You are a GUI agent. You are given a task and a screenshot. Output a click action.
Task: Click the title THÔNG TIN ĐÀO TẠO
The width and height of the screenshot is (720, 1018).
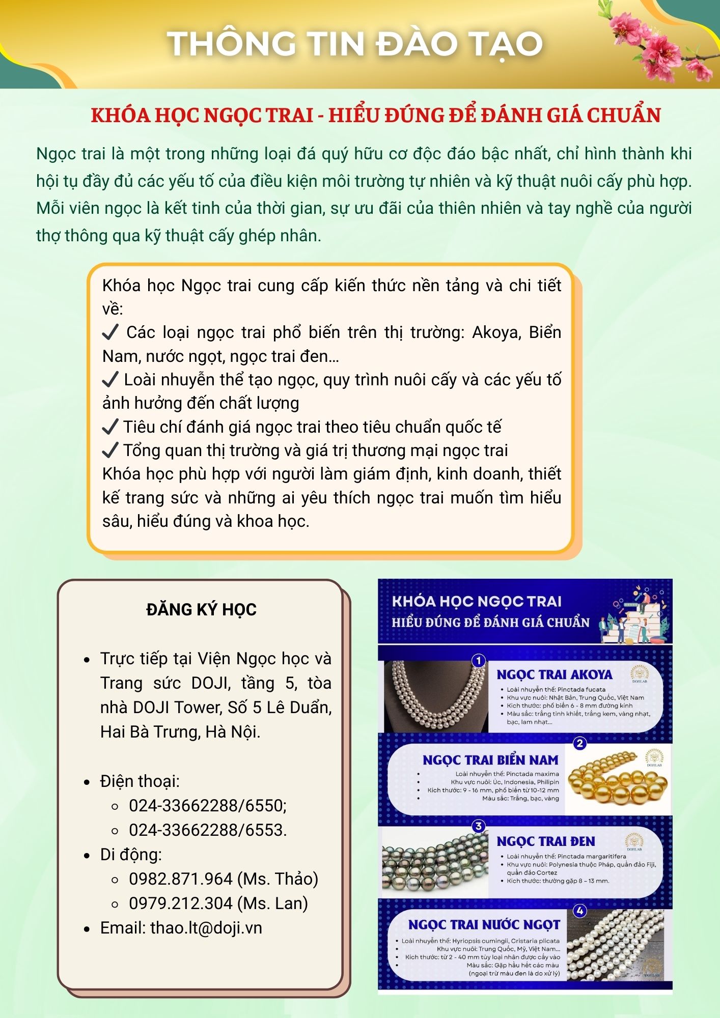pyautogui.click(x=355, y=44)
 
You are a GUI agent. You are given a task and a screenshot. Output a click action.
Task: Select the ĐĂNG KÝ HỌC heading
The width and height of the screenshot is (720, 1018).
pyautogui.click(x=201, y=609)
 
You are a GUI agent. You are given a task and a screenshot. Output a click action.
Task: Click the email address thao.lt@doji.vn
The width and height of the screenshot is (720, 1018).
pyautogui.click(x=206, y=928)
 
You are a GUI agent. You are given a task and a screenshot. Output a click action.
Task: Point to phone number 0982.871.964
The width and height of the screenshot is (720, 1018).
pyautogui.click(x=181, y=879)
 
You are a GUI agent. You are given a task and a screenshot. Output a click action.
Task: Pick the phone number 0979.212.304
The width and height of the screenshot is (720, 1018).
pyautogui.click(x=181, y=903)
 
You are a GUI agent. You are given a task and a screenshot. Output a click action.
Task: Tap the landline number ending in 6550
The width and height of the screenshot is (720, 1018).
pyautogui.click(x=208, y=806)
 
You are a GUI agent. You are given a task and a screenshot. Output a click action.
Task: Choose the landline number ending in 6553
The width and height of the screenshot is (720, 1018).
pyautogui.click(x=208, y=830)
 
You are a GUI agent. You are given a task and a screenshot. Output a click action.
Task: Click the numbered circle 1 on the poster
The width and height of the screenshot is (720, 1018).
pyautogui.click(x=479, y=661)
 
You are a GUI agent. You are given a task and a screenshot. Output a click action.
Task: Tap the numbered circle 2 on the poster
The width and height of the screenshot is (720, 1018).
pyautogui.click(x=579, y=744)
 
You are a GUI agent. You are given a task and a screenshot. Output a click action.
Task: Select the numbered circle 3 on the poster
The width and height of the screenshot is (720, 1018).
pyautogui.click(x=479, y=826)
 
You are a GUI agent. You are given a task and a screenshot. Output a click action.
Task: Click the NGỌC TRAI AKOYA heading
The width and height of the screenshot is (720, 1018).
pyautogui.click(x=554, y=675)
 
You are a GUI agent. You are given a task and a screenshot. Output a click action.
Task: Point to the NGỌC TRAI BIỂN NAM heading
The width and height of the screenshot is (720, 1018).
pyautogui.click(x=490, y=760)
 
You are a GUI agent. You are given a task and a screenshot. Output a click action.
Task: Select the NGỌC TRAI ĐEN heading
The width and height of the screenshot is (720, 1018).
pyautogui.click(x=545, y=842)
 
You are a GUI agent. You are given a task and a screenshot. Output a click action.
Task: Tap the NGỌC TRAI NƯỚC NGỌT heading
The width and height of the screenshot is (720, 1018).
pyautogui.click(x=484, y=925)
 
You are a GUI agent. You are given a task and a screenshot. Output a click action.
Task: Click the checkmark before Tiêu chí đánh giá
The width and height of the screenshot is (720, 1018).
pyautogui.click(x=110, y=427)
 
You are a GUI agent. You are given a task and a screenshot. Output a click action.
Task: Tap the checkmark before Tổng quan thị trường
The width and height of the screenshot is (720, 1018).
pyautogui.click(x=110, y=450)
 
